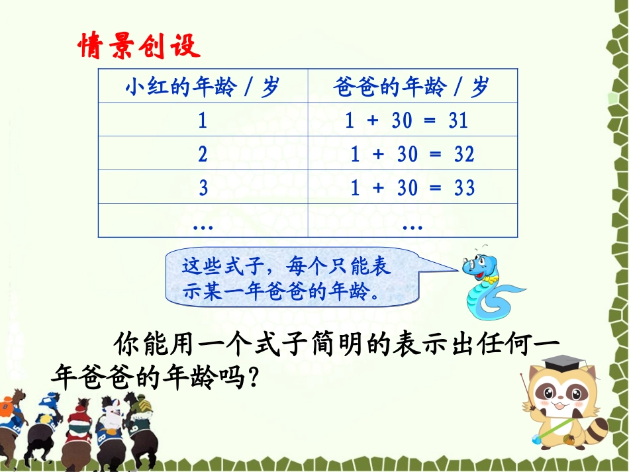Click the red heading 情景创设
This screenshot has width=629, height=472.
[x=138, y=46]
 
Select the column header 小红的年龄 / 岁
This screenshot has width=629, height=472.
[x=203, y=87]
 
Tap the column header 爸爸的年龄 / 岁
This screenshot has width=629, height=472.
[x=412, y=87]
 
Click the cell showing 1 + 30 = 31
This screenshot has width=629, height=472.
[x=407, y=120]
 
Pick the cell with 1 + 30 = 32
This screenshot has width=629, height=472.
[x=412, y=154]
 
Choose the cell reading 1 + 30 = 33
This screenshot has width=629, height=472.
[x=412, y=188]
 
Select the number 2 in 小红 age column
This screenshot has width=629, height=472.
[x=203, y=154]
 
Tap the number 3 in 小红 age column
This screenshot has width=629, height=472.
[x=203, y=188]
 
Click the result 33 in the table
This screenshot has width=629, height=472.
[x=464, y=188]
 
